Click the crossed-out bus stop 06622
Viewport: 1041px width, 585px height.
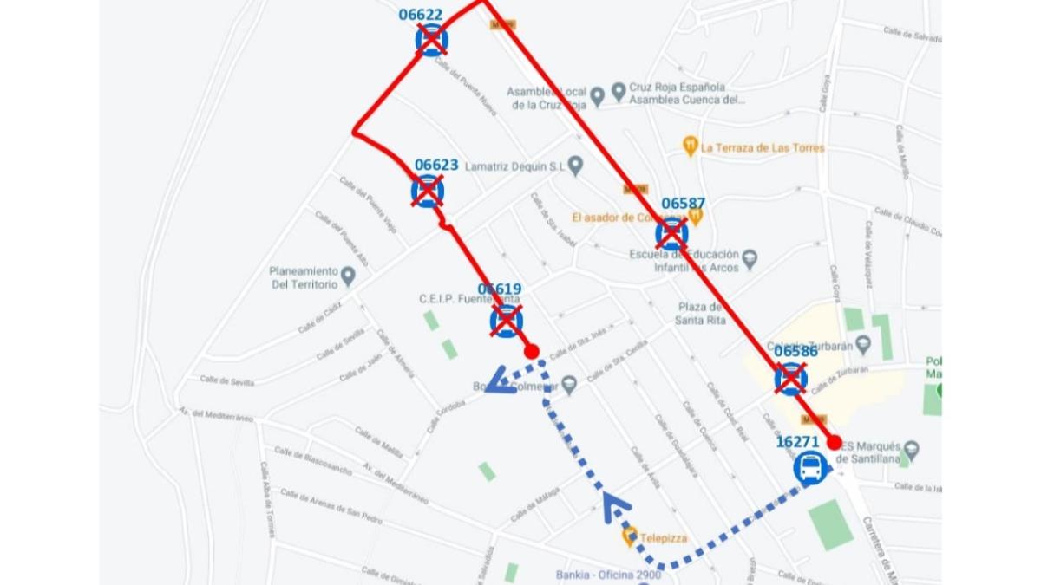click(431, 40)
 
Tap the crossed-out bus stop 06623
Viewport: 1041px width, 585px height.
click(427, 191)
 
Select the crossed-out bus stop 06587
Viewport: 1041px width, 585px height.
click(671, 233)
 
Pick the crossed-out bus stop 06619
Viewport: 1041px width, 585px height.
click(506, 321)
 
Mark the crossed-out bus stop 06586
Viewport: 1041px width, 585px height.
click(790, 379)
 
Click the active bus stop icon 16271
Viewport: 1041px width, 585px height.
click(810, 468)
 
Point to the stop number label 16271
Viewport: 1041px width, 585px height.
click(797, 441)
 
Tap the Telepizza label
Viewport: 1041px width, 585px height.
click(664, 538)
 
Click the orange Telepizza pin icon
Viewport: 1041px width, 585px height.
click(630, 537)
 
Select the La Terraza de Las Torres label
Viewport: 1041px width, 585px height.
click(763, 147)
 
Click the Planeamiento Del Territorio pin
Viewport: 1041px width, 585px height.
click(348, 276)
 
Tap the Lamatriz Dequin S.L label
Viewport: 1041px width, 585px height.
click(514, 166)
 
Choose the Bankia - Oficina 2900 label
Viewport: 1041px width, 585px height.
click(606, 575)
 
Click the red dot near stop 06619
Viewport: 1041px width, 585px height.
click(532, 351)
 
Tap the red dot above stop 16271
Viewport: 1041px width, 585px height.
click(835, 443)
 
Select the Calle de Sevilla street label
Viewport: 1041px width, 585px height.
click(227, 380)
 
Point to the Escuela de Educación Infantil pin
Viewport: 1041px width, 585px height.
click(750, 259)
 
